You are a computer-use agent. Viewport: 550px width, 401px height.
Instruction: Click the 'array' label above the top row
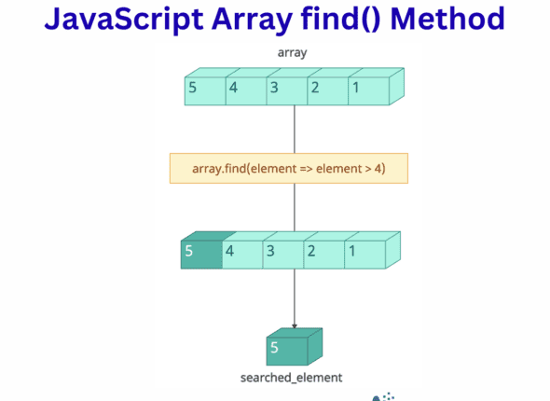(x=293, y=52)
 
